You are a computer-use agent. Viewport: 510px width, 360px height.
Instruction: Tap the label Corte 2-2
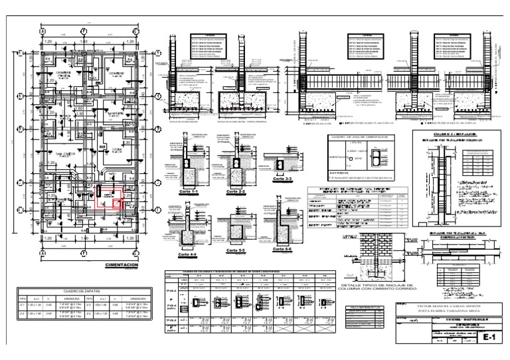click(236, 191)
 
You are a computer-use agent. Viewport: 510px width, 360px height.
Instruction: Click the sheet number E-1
click(490, 339)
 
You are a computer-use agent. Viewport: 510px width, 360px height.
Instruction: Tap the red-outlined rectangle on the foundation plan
click(110, 198)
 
